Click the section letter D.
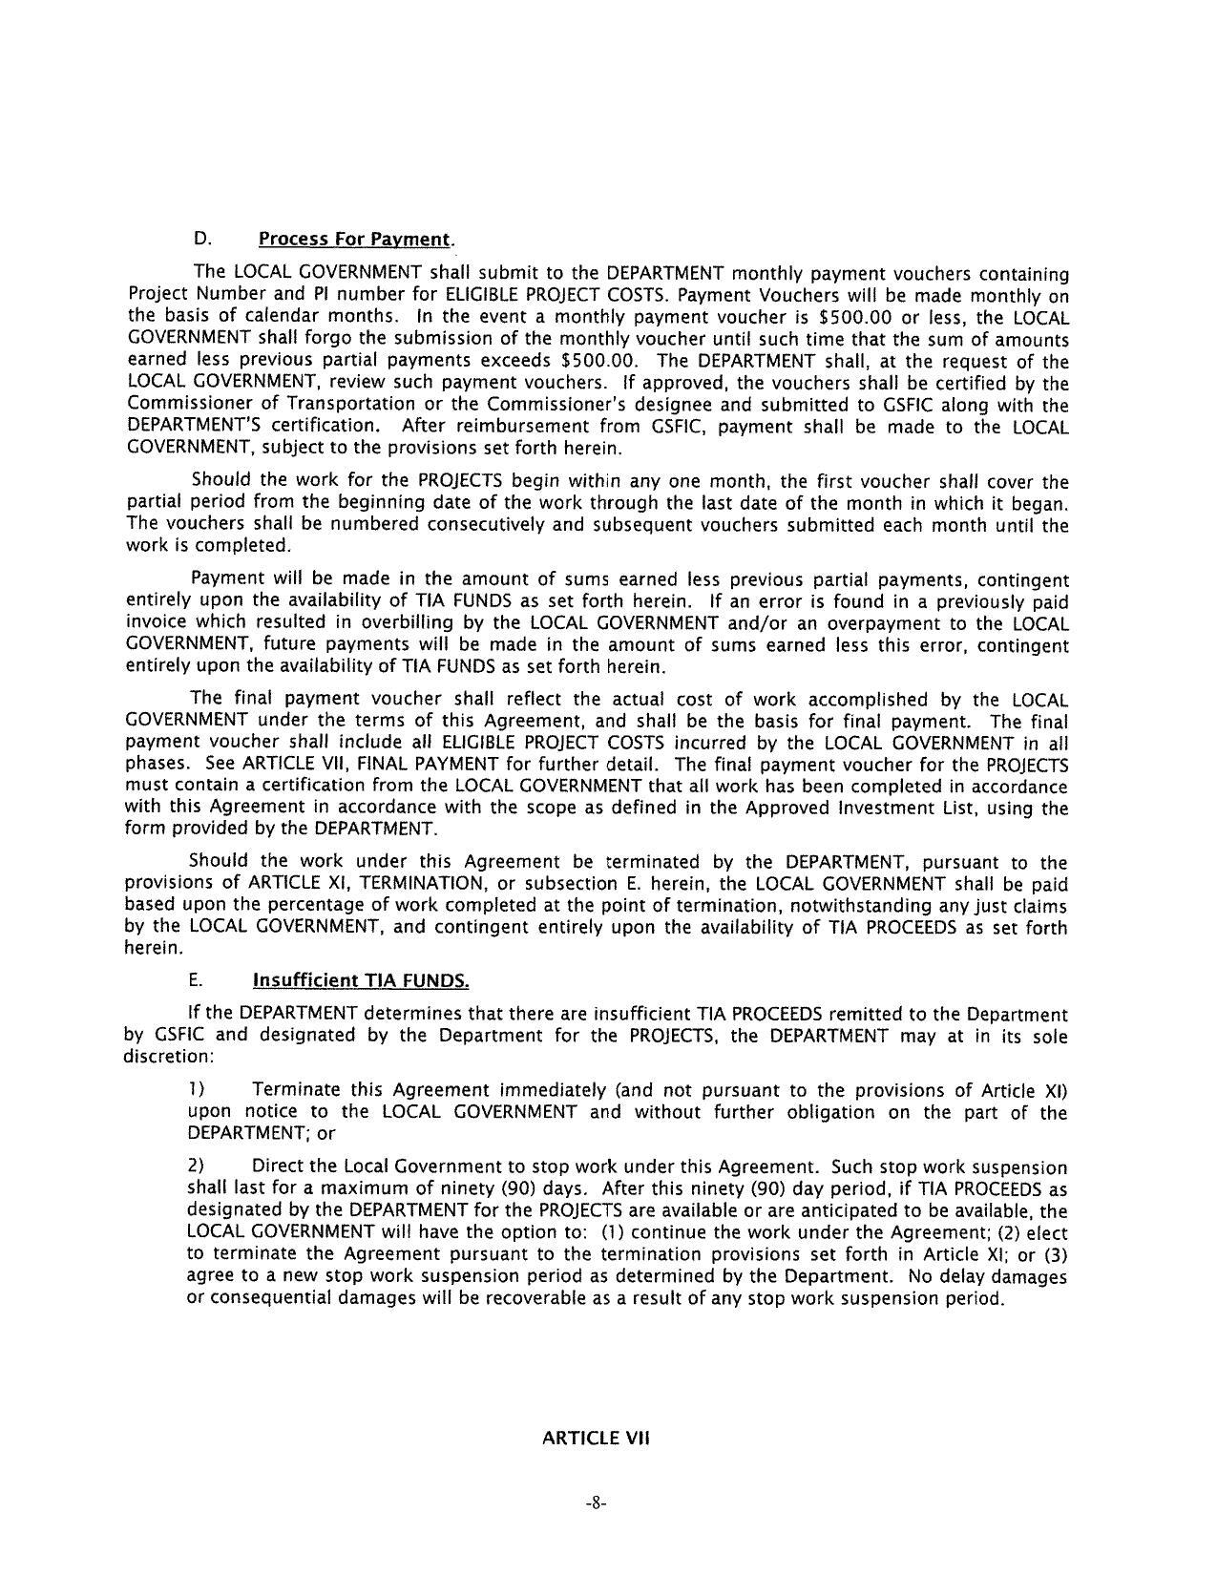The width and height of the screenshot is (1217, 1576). point(200,238)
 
